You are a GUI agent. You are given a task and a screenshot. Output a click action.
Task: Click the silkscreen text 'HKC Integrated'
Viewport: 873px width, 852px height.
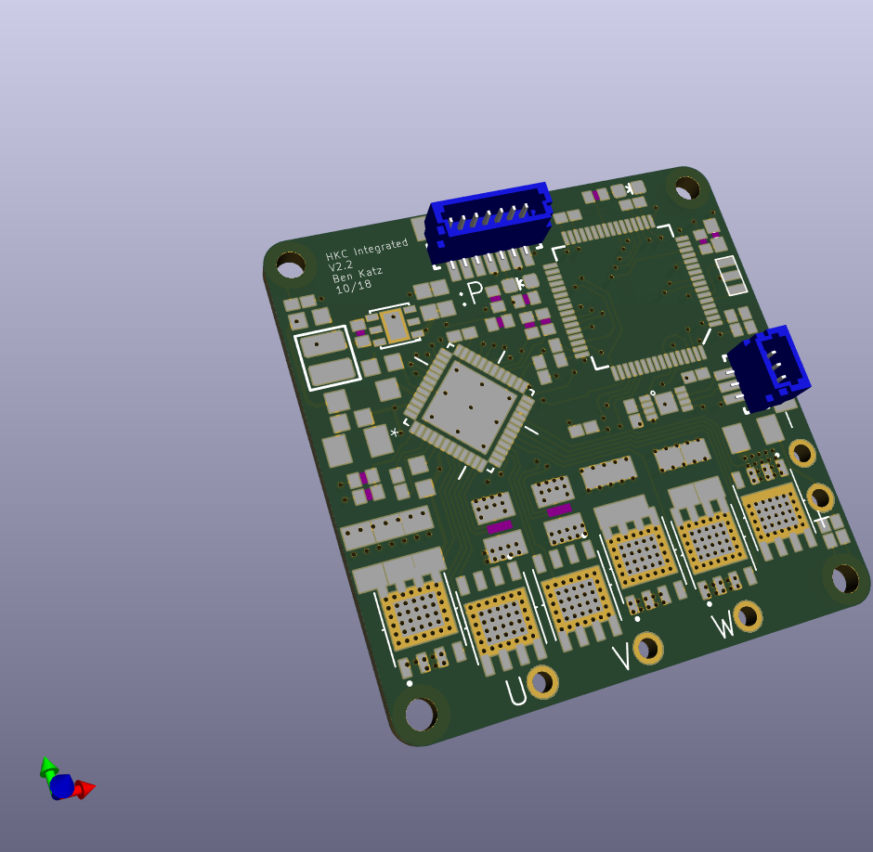click(x=367, y=250)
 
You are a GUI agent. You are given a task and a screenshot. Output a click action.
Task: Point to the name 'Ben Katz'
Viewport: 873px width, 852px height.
click(x=358, y=275)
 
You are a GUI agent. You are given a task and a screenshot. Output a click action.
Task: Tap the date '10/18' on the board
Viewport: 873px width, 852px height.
click(x=354, y=287)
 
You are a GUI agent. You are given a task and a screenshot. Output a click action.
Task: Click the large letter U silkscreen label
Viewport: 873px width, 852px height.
click(x=515, y=691)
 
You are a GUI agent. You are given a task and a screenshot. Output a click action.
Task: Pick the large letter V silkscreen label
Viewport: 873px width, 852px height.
click(x=623, y=657)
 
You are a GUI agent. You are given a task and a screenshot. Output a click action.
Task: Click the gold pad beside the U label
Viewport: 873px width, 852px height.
click(x=542, y=682)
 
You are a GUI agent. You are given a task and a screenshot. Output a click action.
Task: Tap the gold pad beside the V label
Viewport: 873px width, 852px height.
click(x=648, y=648)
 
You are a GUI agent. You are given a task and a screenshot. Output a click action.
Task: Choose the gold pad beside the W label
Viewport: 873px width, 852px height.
click(x=748, y=616)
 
